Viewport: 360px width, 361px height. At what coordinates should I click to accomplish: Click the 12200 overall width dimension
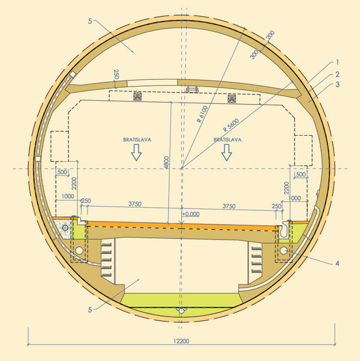[181, 341]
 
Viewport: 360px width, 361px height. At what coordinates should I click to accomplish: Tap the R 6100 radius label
[202, 114]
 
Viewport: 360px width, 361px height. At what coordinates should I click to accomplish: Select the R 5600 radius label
[231, 125]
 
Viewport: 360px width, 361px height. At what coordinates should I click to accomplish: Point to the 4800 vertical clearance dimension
[167, 163]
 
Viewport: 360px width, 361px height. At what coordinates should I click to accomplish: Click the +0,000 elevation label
[191, 214]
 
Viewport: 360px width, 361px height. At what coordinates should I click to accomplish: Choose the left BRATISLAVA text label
[137, 139]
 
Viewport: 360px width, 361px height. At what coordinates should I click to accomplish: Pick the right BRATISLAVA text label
[227, 139]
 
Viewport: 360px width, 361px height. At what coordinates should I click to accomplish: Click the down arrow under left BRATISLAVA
[136, 153]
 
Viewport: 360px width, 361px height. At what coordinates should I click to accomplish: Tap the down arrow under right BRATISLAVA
[227, 153]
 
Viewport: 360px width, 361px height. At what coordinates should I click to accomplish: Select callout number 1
[337, 62]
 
